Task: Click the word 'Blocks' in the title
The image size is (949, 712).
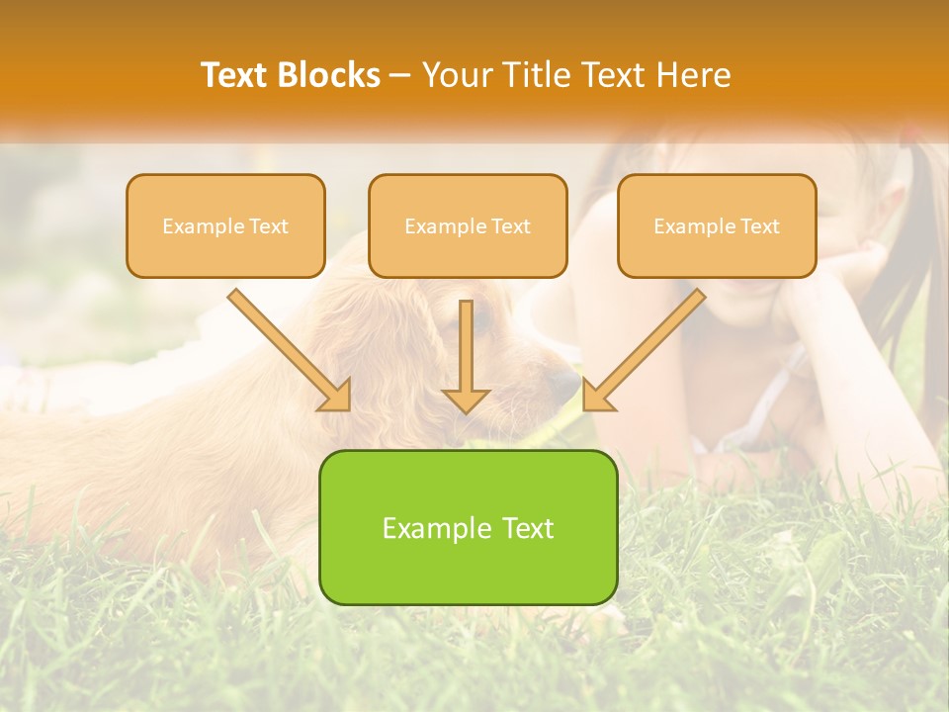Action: click(329, 75)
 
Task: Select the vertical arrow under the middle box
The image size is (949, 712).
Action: click(466, 356)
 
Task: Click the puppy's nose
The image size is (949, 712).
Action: click(567, 385)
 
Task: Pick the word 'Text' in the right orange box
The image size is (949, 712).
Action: click(759, 226)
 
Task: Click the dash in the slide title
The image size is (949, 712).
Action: click(400, 75)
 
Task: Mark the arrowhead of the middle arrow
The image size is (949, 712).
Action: click(466, 400)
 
